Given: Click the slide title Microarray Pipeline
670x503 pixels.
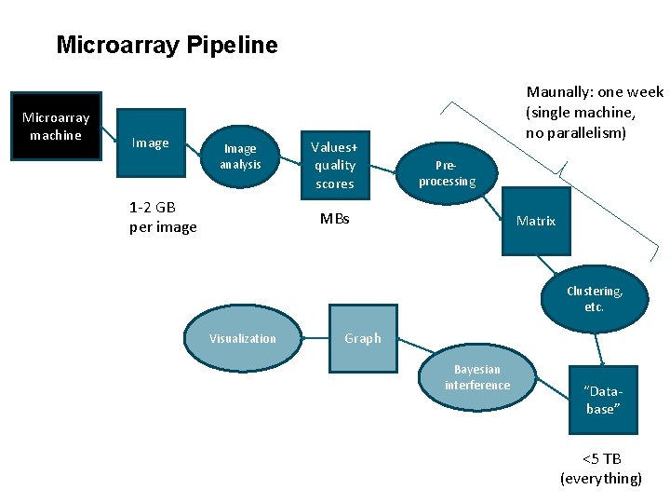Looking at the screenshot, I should click(167, 45).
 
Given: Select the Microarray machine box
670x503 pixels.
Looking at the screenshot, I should click(56, 127).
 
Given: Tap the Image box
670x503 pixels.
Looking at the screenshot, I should click(151, 143).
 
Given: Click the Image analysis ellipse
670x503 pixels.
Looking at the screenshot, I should click(240, 156).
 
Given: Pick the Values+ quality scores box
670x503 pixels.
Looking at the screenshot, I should click(334, 165).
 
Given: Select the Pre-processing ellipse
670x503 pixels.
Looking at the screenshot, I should click(447, 173).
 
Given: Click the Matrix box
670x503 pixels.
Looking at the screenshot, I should click(536, 221).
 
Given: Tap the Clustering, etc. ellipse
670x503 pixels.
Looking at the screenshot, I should click(595, 299).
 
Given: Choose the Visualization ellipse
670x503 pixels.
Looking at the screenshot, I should click(243, 338).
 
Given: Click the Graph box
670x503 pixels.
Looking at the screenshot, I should click(363, 338).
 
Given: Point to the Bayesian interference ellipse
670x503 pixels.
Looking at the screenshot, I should click(477, 377).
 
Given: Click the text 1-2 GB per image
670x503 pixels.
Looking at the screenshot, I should click(163, 217).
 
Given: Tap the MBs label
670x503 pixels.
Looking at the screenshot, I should click(334, 219).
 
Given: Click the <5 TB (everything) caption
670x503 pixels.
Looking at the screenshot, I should click(601, 469).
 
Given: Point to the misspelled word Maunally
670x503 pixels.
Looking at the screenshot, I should click(556, 91).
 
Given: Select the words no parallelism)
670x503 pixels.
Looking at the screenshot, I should click(576, 132).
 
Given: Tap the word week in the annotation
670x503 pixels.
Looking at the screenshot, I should click(645, 91).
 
